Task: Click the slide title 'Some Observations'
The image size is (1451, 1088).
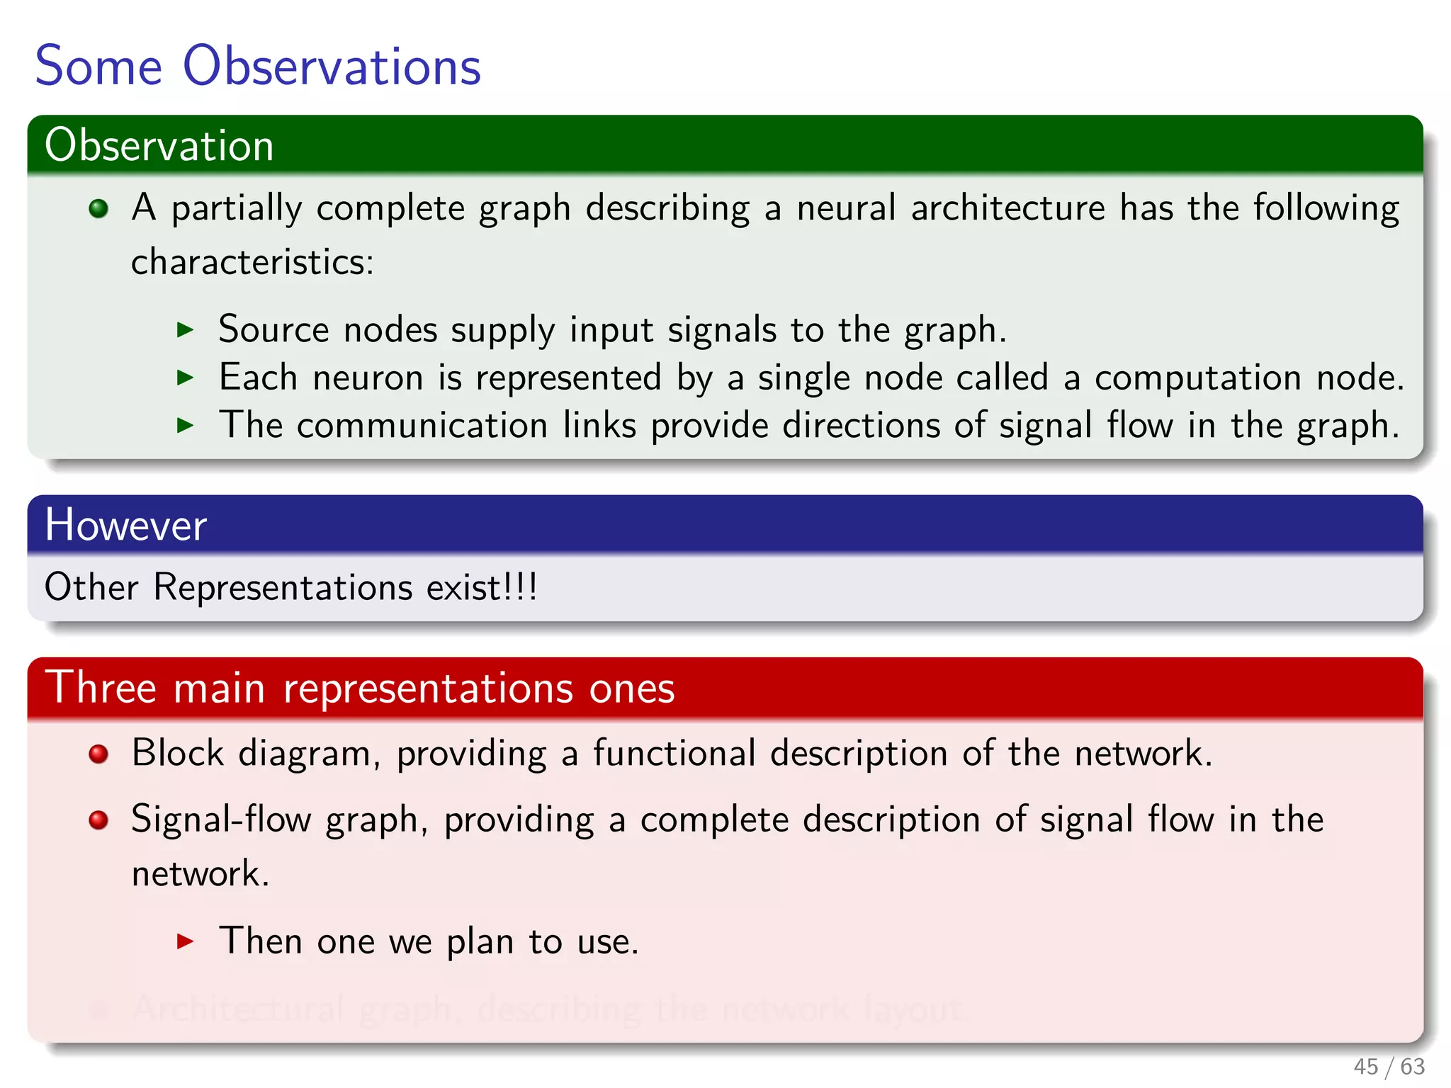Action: [258, 66]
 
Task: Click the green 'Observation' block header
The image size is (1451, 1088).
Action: [159, 145]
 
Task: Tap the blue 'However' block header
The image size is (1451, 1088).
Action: [125, 525]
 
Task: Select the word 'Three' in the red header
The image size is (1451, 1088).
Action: [101, 687]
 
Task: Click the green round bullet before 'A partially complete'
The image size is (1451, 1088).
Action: [98, 208]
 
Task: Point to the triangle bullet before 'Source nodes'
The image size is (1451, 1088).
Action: [185, 329]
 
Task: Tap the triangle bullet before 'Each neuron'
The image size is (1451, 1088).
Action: [185, 377]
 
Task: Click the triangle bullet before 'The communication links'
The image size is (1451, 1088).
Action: [185, 425]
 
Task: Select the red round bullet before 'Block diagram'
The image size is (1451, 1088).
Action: [98, 754]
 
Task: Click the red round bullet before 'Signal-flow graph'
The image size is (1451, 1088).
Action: [98, 820]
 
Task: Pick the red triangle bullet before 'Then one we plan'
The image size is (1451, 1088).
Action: [185, 941]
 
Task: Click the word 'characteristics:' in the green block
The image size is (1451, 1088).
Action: [252, 262]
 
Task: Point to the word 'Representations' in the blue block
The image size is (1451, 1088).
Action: [283, 587]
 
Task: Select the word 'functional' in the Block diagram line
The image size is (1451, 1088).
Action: [674, 753]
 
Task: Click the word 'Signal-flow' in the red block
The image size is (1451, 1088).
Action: [221, 820]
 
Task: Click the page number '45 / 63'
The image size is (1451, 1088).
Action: [1389, 1066]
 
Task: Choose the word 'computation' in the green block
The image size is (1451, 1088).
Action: [1197, 377]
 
